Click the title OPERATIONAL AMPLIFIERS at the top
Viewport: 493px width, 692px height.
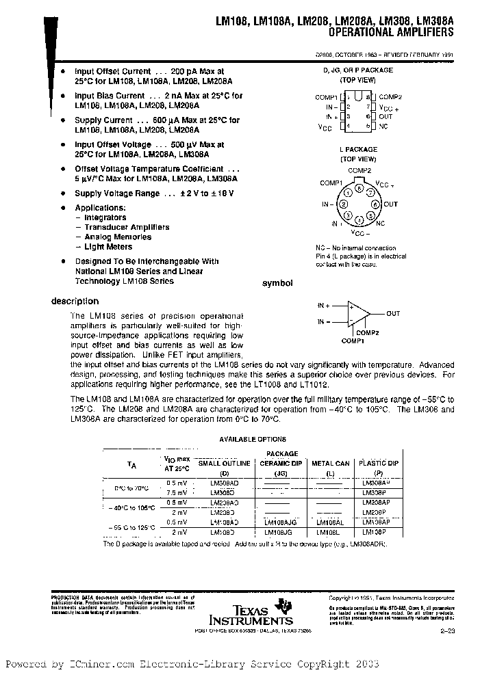click(x=391, y=33)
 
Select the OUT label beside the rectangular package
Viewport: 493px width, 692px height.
click(x=385, y=117)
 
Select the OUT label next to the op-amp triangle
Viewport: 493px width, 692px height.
click(x=393, y=314)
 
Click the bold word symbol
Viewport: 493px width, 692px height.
click(x=279, y=283)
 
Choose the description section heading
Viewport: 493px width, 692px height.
click(x=75, y=302)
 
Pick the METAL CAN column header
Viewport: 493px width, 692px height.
click(x=331, y=464)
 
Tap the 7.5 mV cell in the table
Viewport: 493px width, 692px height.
click(x=177, y=492)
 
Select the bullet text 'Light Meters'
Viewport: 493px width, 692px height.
click(x=108, y=247)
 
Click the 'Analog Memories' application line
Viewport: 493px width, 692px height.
click(x=113, y=237)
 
